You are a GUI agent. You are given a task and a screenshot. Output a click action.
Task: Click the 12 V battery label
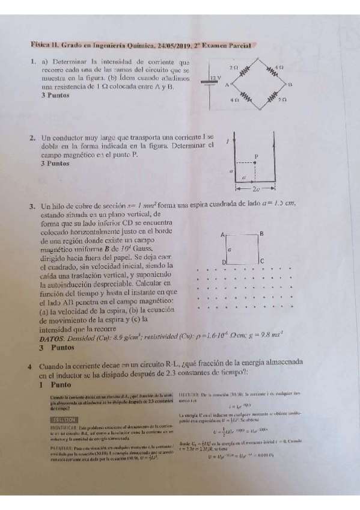(x=216, y=79)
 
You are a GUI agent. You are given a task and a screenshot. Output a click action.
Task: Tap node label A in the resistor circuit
(x=227, y=85)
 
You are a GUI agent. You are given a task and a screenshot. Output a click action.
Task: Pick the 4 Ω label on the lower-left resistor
(x=234, y=101)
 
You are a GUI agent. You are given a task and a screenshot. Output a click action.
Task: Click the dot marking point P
(x=256, y=162)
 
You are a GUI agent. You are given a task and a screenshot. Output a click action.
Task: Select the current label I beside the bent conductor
(x=227, y=142)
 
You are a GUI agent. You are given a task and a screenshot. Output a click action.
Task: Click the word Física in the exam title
(x=40, y=45)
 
